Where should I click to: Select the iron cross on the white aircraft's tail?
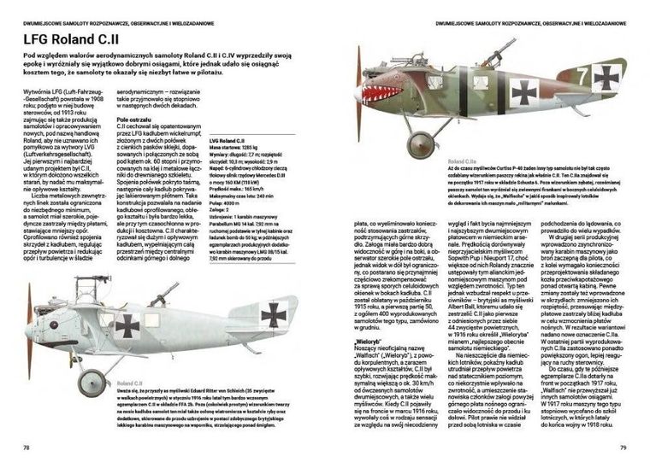(x=275, y=315)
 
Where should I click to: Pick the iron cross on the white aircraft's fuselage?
(x=127, y=325)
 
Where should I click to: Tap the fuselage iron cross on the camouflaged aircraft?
(x=523, y=90)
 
